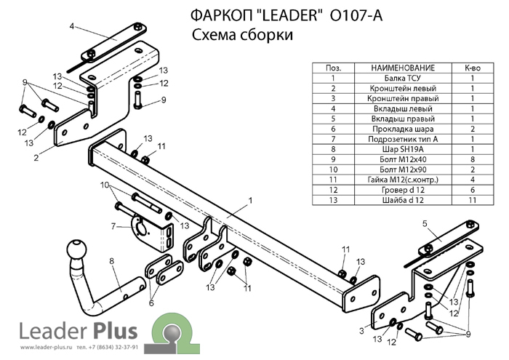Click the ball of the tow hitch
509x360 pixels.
pyautogui.click(x=77, y=250)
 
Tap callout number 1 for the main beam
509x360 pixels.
pyautogui.click(x=250, y=201)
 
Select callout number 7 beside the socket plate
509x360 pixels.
pyautogui.click(x=113, y=226)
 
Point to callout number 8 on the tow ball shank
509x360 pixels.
pyautogui.click(x=112, y=260)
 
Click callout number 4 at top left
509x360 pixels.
pyautogui.click(x=72, y=26)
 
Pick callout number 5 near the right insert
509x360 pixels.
pyautogui.click(x=425, y=223)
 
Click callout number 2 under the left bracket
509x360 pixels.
pyautogui.click(x=36, y=158)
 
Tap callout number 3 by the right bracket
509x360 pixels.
pyautogui.click(x=362, y=331)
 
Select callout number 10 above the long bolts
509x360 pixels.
pyautogui.click(x=105, y=185)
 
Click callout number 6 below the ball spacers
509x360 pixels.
pyautogui.click(x=151, y=303)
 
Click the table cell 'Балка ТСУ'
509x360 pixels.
pyautogui.click(x=403, y=78)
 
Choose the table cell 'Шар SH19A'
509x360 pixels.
pyautogui.click(x=403, y=149)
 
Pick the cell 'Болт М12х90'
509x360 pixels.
pyautogui.click(x=403, y=169)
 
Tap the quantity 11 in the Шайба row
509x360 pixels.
pyautogui.click(x=473, y=200)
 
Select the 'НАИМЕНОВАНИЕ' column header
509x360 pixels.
pyautogui.click(x=403, y=68)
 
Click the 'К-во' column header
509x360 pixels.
pyautogui.click(x=473, y=68)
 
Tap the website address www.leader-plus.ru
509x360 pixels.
pyautogui.click(x=46, y=347)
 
